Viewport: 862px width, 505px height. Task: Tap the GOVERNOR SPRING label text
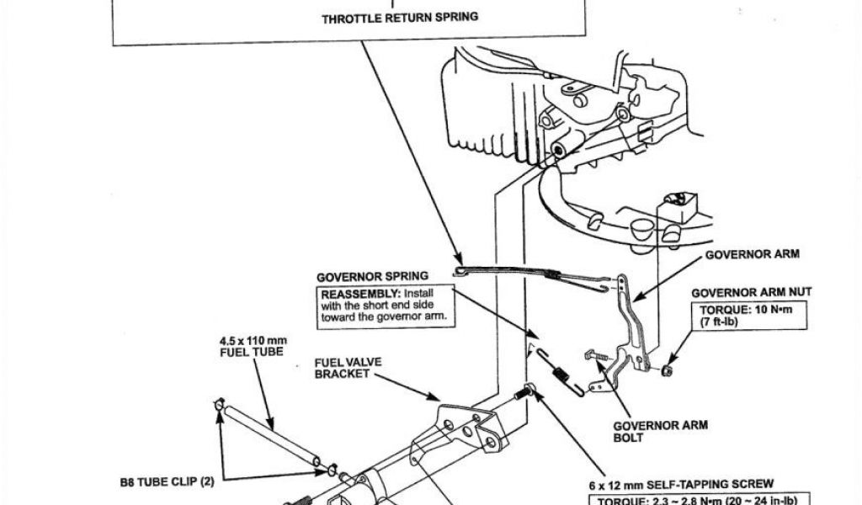372,277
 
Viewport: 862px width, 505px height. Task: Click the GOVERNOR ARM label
752,253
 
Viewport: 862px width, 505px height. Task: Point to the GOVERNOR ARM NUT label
751,292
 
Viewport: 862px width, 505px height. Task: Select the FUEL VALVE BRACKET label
348,368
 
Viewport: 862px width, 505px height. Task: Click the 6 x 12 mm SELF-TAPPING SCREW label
682,484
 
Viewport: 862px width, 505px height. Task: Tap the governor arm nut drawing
668,369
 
